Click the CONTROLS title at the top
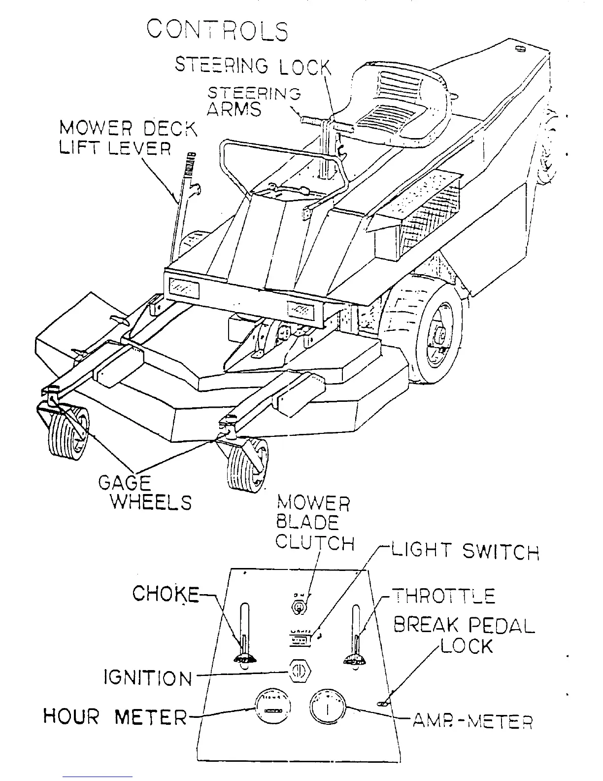(x=217, y=31)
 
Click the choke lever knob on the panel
(x=244, y=657)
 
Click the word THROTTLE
(x=443, y=596)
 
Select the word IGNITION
(x=148, y=678)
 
